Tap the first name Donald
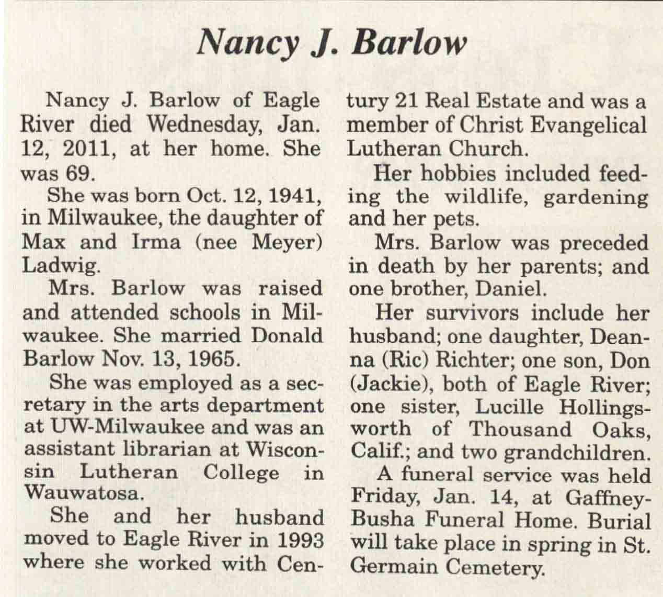pos(288,335)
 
